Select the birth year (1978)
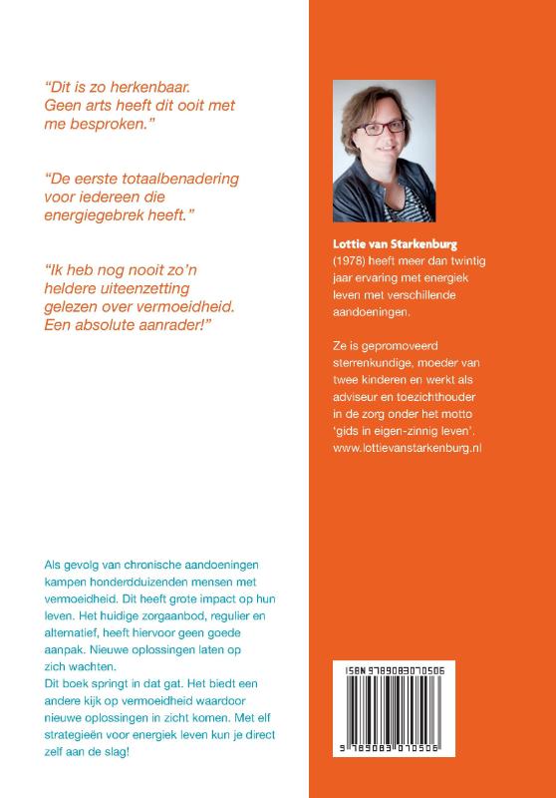tap(350, 259)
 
